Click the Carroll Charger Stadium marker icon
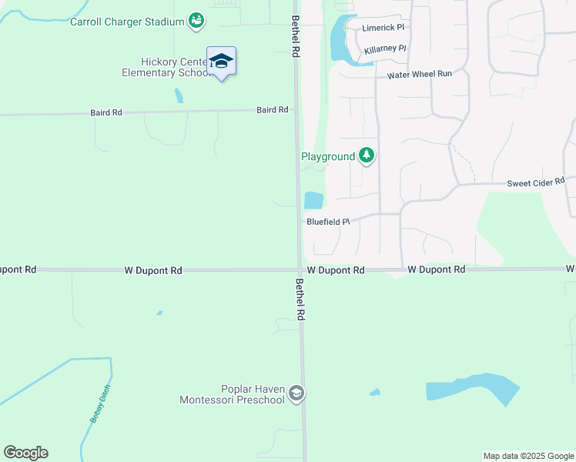(196, 21)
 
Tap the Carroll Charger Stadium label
(128, 22)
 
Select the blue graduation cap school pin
(221, 61)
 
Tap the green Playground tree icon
(367, 156)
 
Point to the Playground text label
(327, 156)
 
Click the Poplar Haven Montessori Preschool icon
(296, 394)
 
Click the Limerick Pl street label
(383, 27)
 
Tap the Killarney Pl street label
(385, 49)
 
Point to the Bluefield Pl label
(328, 222)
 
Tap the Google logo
(25, 453)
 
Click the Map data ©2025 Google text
(528, 456)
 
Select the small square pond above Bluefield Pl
(313, 200)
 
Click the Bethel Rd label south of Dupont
(300, 300)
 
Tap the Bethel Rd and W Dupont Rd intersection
(300, 269)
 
